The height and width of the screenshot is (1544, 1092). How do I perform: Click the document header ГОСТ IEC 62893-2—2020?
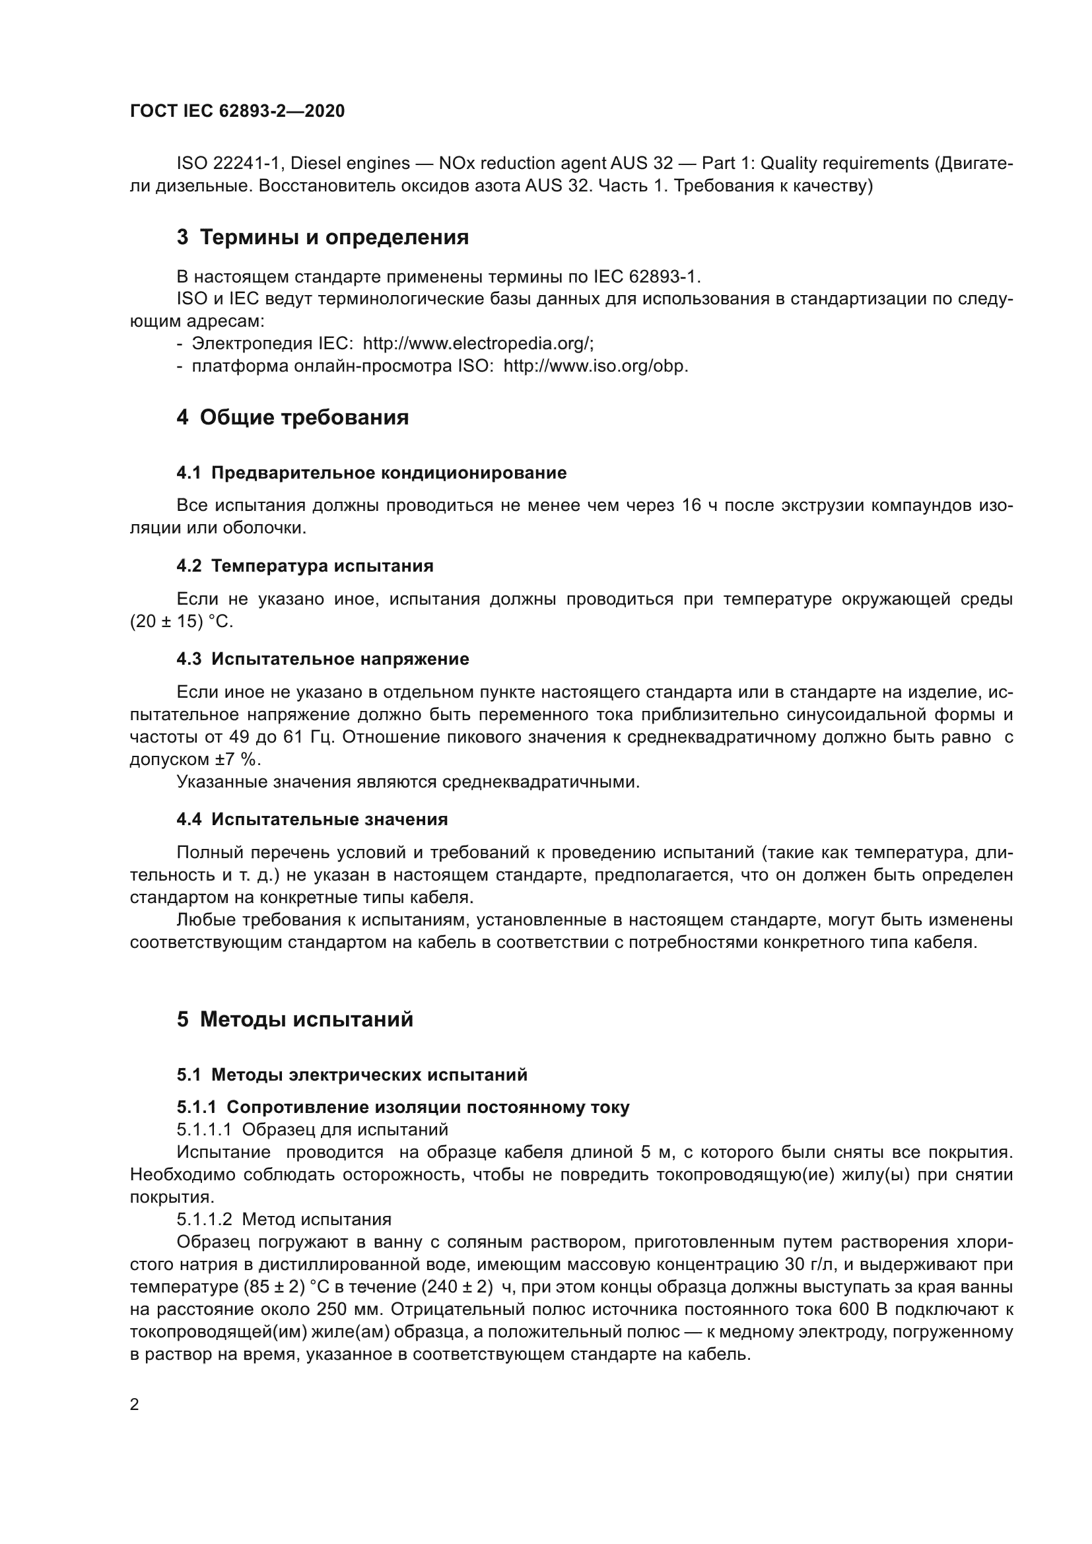[237, 112]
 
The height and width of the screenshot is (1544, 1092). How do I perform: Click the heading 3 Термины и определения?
[323, 238]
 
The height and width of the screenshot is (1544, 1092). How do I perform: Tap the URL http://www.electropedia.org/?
[478, 344]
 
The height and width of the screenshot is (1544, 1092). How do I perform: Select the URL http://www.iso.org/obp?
[595, 366]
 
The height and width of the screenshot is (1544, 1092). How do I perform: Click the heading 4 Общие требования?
[292, 418]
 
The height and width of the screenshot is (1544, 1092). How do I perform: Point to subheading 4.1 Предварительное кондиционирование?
[371, 473]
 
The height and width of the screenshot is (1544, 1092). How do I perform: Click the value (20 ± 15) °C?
[181, 621]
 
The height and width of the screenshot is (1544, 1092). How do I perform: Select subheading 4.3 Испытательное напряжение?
[323, 659]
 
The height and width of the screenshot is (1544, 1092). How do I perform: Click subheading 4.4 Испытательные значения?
[312, 819]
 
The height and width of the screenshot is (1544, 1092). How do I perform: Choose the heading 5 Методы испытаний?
[294, 1019]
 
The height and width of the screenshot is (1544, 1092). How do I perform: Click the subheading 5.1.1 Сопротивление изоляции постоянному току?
[403, 1108]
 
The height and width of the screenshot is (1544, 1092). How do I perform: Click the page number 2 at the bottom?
[135, 1404]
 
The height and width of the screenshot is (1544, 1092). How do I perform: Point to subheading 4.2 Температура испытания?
[304, 566]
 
